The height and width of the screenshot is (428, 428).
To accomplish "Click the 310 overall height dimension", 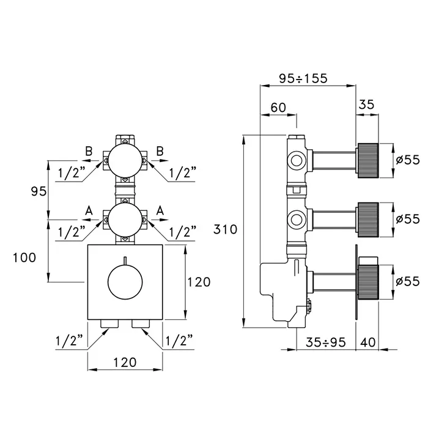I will [x=226, y=231].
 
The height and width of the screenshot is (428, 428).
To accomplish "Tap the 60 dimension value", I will [x=278, y=107].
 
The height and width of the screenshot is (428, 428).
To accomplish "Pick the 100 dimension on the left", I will [x=25, y=257].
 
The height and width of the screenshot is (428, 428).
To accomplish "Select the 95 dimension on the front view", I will [x=37, y=191].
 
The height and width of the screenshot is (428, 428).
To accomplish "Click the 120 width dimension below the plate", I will [x=125, y=362].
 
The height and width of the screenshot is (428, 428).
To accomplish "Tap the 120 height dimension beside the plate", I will [x=198, y=282].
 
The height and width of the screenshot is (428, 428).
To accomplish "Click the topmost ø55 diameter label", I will [x=407, y=160].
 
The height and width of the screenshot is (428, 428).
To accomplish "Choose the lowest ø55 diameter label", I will [x=407, y=281].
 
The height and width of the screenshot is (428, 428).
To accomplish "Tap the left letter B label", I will [x=89, y=150].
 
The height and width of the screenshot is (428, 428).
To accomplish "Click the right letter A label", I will [x=161, y=210].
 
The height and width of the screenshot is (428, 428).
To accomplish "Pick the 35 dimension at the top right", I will [x=366, y=104].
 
